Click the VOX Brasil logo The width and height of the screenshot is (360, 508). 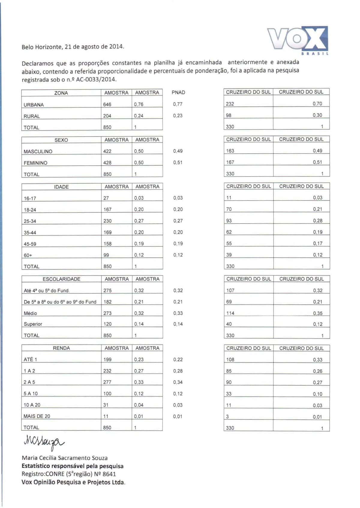[x=298, y=40]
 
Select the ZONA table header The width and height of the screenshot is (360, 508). [x=61, y=93]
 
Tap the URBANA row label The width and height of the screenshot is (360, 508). [x=34, y=105]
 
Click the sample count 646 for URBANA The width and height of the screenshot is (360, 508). [x=107, y=104]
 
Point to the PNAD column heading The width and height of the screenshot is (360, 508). [x=178, y=92]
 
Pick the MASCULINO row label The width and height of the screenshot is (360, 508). [x=38, y=151]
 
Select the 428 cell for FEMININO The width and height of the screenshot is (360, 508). [x=107, y=162]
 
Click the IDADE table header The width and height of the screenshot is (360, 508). [x=61, y=187]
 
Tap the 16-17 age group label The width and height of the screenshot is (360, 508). [x=30, y=198]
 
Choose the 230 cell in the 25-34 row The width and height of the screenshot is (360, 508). [x=107, y=221]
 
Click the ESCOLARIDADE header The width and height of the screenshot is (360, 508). [x=61, y=279]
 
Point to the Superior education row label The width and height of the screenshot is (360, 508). [x=33, y=324]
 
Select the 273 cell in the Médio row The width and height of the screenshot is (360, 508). [x=107, y=313]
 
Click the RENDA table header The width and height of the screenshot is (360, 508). [x=61, y=348]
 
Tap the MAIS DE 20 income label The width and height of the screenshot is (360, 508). [x=37, y=416]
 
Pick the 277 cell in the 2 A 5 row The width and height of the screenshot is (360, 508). [x=107, y=382]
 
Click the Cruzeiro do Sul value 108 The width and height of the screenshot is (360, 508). [x=230, y=359]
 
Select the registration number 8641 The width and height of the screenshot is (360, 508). [x=109, y=474]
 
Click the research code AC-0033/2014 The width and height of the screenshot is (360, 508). [x=96, y=80]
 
